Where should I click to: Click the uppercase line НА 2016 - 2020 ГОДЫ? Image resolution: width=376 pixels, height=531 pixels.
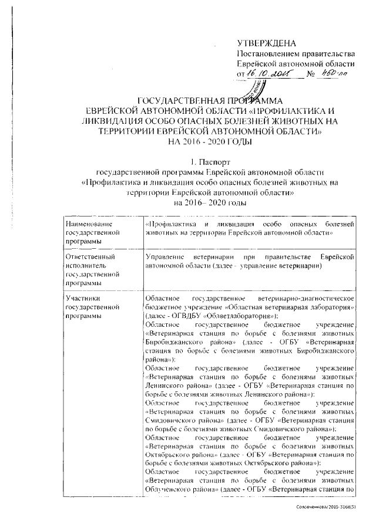tap(203, 141)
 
